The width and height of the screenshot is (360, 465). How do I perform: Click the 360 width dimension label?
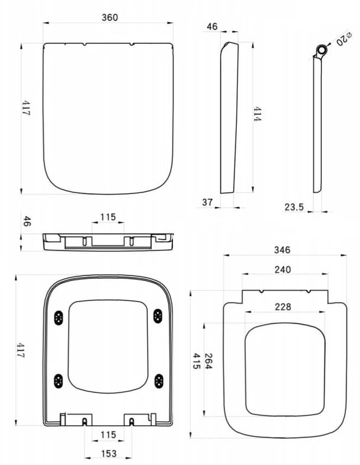tap(110, 17)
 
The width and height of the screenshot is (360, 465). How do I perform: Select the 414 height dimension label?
tap(258, 114)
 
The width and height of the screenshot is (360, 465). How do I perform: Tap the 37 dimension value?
tap(208, 202)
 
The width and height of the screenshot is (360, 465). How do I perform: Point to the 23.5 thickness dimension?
tap(294, 207)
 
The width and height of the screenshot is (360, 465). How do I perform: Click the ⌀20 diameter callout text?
tap(344, 39)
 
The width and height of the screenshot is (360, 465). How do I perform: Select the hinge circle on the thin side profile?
tap(322, 50)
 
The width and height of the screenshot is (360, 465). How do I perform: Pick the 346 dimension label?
tap(282, 250)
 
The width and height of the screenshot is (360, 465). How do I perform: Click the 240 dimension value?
tap(283, 270)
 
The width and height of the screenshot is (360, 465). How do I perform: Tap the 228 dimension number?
tap(283, 307)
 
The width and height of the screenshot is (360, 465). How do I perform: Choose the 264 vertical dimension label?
tap(208, 361)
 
